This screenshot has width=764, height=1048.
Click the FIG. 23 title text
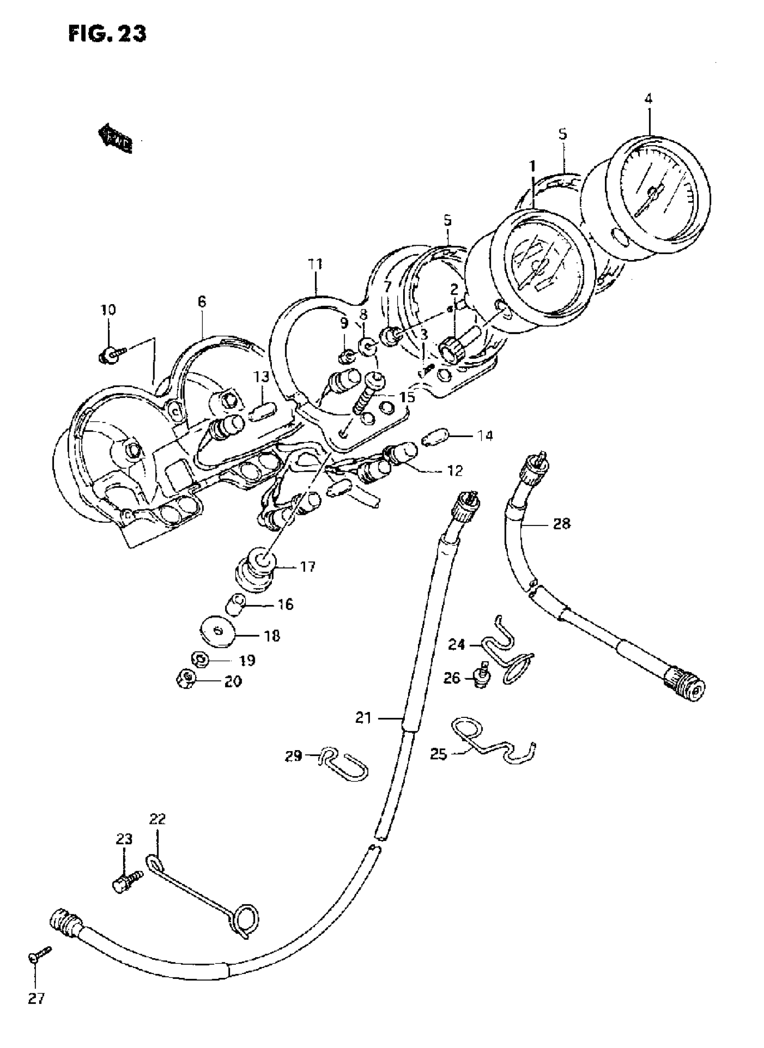(107, 33)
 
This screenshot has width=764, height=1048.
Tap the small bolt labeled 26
(482, 678)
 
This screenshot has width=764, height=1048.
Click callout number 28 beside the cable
(561, 524)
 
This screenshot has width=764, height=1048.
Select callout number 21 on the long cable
(364, 718)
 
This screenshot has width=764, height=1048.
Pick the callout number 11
(316, 265)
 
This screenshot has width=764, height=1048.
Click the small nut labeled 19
(200, 658)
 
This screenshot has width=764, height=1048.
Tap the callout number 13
(261, 377)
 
